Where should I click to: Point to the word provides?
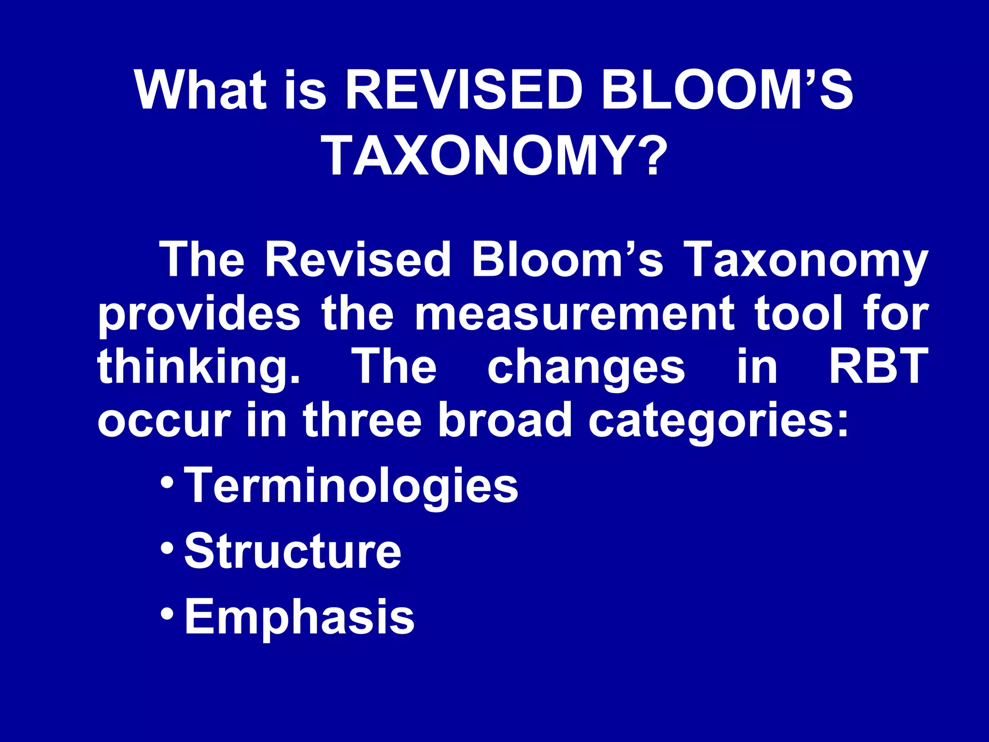tap(199, 315)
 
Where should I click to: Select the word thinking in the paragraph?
tap(198, 368)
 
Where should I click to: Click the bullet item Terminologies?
tap(351, 485)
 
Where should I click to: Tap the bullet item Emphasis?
tap(299, 617)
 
